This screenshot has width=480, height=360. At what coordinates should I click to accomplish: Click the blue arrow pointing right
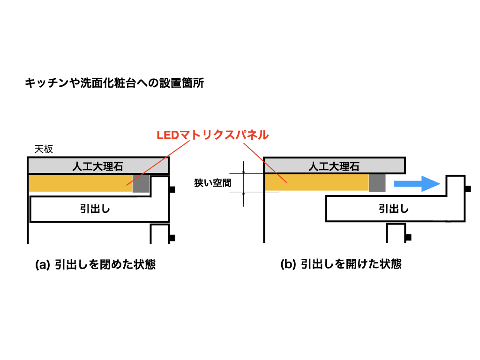click(x=415, y=183)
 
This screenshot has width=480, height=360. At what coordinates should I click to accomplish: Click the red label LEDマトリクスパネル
click(x=212, y=135)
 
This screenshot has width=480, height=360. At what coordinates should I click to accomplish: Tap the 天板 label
click(x=44, y=150)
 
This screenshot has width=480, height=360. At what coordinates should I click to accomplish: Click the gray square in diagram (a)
click(x=141, y=183)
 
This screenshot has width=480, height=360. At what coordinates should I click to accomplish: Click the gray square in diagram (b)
click(x=377, y=183)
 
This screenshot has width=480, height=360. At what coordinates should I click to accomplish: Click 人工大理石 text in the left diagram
click(x=98, y=166)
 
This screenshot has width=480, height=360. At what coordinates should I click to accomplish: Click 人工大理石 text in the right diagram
click(x=334, y=166)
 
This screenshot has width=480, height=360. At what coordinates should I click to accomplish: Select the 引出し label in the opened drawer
click(x=394, y=209)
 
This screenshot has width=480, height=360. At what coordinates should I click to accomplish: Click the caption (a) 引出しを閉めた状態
click(x=96, y=264)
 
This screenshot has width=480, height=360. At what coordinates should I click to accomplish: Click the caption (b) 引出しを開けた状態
click(x=341, y=264)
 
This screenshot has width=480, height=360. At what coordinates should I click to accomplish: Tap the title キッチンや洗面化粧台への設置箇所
click(x=114, y=83)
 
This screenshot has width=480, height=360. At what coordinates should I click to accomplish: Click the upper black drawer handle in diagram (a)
click(x=172, y=189)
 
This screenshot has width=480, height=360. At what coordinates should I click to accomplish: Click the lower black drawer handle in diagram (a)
click(x=172, y=238)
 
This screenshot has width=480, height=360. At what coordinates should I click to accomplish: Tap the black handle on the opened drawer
click(x=468, y=189)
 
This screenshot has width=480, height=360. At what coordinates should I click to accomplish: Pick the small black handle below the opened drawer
click(x=408, y=236)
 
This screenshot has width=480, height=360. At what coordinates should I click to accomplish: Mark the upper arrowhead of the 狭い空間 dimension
click(x=244, y=172)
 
